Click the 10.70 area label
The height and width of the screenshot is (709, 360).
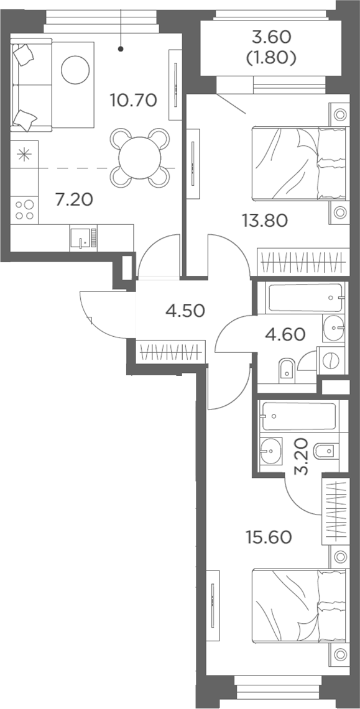click(x=134, y=99)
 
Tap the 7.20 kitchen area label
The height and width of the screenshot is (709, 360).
click(x=74, y=198)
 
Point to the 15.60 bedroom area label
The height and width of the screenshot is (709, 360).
click(x=269, y=537)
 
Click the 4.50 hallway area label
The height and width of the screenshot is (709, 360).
click(x=185, y=311)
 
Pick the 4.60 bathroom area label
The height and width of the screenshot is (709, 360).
click(x=285, y=334)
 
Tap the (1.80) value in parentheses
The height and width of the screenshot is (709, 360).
click(x=272, y=58)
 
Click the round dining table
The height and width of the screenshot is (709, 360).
click(x=140, y=158)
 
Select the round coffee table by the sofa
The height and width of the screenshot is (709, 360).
click(x=75, y=69)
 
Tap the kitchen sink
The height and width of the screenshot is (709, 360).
click(x=84, y=237)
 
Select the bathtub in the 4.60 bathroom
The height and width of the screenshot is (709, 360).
click(x=301, y=298)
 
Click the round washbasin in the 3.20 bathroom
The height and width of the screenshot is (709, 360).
click(x=271, y=450)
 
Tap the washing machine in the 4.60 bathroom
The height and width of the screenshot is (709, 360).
click(x=331, y=360)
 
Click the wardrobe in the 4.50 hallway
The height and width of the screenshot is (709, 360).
click(x=170, y=352)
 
